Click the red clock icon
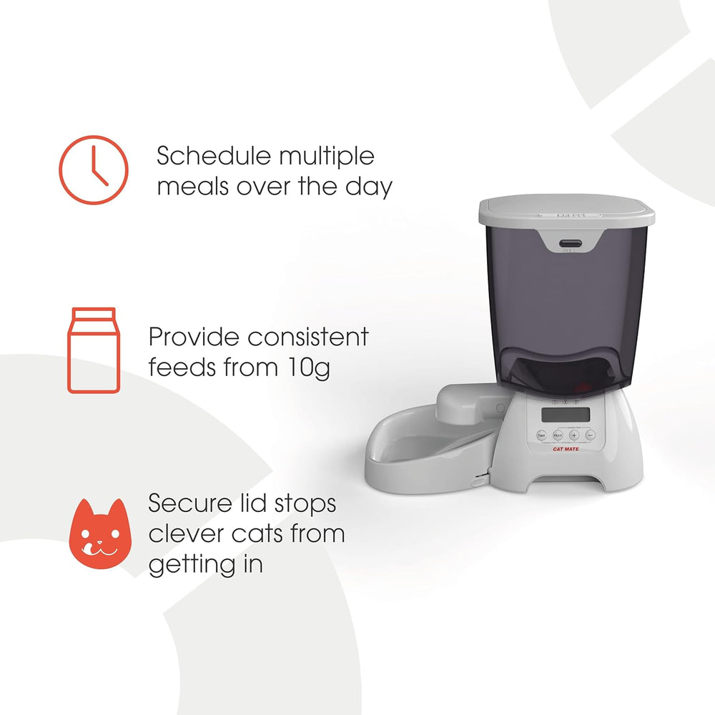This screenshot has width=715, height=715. pos(93,169)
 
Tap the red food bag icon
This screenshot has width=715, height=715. pos(92,350)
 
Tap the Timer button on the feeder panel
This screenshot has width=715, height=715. pos(541,435)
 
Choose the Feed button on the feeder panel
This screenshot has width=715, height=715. pos(558,435)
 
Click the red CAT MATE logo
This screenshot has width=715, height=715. pos(567,449)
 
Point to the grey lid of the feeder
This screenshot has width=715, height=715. pos(566,212)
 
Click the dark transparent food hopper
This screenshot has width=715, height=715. pos(565,307)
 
